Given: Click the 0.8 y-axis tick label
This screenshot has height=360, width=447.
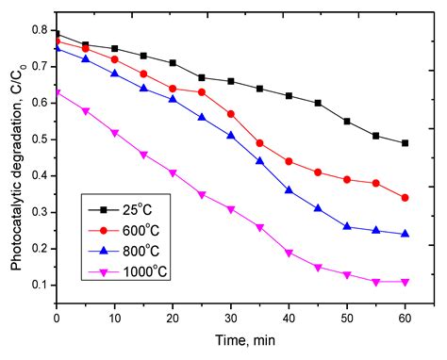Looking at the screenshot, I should click(40, 30).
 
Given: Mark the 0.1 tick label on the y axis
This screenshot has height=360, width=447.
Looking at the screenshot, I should click(40, 285).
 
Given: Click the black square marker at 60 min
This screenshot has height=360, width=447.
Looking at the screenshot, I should click(405, 143).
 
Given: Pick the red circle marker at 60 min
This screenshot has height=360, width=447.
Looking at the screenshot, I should click(405, 198).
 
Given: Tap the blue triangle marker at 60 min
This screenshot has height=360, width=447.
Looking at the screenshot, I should click(405, 233).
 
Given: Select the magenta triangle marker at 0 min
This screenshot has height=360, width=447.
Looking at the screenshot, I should click(57, 92).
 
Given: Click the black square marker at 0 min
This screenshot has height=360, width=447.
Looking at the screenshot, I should click(57, 34).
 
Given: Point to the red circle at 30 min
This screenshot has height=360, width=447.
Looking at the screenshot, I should click(230, 113).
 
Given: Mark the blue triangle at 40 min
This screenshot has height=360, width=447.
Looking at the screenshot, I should click(289, 189).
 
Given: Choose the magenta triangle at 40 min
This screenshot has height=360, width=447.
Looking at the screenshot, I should click(289, 253).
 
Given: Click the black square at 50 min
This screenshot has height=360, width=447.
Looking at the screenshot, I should click(347, 122).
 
